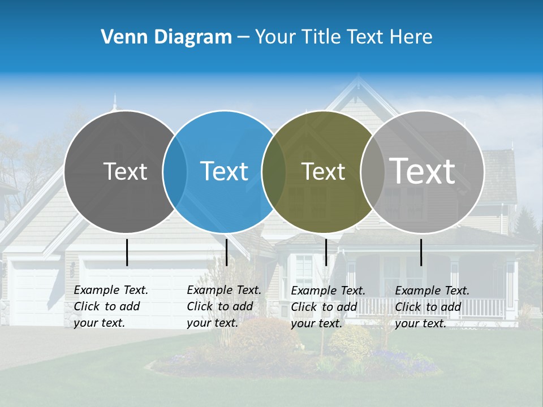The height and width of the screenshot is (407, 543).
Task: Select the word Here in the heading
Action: [x=411, y=37]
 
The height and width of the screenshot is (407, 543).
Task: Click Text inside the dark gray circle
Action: [x=125, y=171]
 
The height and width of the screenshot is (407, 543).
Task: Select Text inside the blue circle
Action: [x=224, y=171]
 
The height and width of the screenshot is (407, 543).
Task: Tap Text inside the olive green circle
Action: [x=323, y=172]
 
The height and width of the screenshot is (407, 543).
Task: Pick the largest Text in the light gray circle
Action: [x=422, y=171]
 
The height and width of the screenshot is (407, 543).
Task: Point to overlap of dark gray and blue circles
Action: [x=175, y=171]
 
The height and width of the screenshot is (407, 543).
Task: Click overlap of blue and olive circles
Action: [x=274, y=172]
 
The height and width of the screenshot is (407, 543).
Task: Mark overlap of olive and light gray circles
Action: [x=372, y=172]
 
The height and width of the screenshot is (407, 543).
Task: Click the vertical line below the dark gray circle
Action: [x=127, y=252]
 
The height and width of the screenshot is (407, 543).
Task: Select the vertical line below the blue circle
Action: [x=226, y=252]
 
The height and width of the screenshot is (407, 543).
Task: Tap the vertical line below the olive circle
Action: [x=326, y=252]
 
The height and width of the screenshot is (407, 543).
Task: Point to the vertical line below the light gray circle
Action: [x=421, y=252]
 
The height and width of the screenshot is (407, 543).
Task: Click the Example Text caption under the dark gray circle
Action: [x=110, y=306]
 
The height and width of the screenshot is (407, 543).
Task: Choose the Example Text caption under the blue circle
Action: [x=223, y=306]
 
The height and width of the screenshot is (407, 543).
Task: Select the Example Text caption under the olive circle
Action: [x=327, y=307]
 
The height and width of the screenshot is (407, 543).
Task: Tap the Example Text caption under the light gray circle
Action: [x=432, y=307]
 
